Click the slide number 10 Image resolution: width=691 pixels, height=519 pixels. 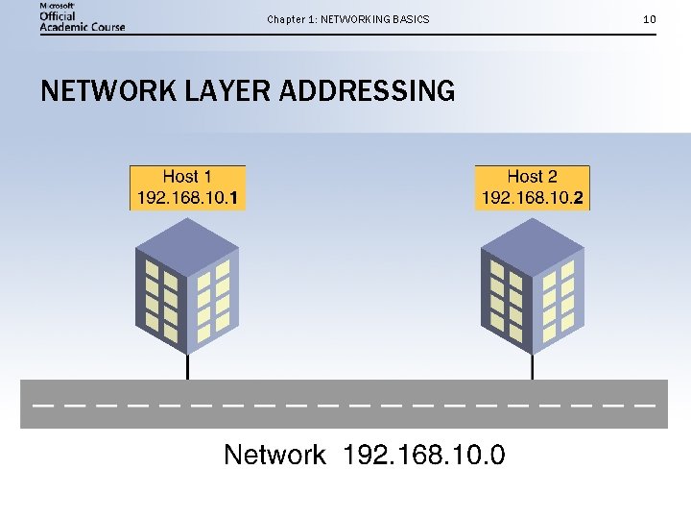click(x=650, y=19)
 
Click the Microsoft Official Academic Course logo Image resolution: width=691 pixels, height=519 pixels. click(x=83, y=17)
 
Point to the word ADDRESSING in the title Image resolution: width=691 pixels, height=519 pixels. click(x=368, y=91)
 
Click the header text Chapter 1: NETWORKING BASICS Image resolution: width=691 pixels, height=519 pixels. click(x=348, y=19)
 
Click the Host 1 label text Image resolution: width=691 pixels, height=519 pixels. click(x=187, y=177)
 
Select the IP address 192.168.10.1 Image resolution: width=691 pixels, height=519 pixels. click(x=188, y=199)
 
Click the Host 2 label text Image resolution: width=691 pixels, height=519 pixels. click(x=532, y=177)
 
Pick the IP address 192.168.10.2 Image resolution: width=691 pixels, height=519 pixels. click(x=533, y=199)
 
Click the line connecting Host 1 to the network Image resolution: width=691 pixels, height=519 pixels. click(x=187, y=366)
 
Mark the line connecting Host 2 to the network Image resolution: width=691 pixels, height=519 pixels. click(x=533, y=366)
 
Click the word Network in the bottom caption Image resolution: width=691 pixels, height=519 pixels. click(x=274, y=455)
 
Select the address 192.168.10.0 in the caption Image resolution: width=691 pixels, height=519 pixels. click(x=424, y=455)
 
